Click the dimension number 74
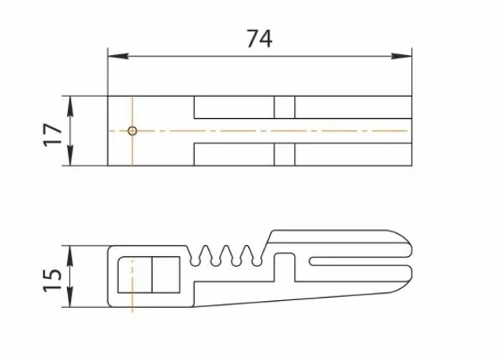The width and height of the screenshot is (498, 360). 259,39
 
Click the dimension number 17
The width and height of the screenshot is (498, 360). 53,134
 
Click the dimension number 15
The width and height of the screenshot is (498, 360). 53,280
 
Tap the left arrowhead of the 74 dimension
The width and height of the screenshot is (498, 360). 118,56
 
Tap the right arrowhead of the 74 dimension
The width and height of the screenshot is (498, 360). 401,56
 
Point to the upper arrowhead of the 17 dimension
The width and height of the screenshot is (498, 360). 70,106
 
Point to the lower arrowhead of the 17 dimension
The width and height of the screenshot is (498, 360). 70,155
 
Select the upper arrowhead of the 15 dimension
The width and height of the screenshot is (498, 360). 70,256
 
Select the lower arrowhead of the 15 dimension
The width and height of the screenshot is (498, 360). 70,297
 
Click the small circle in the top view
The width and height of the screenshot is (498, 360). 132,131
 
